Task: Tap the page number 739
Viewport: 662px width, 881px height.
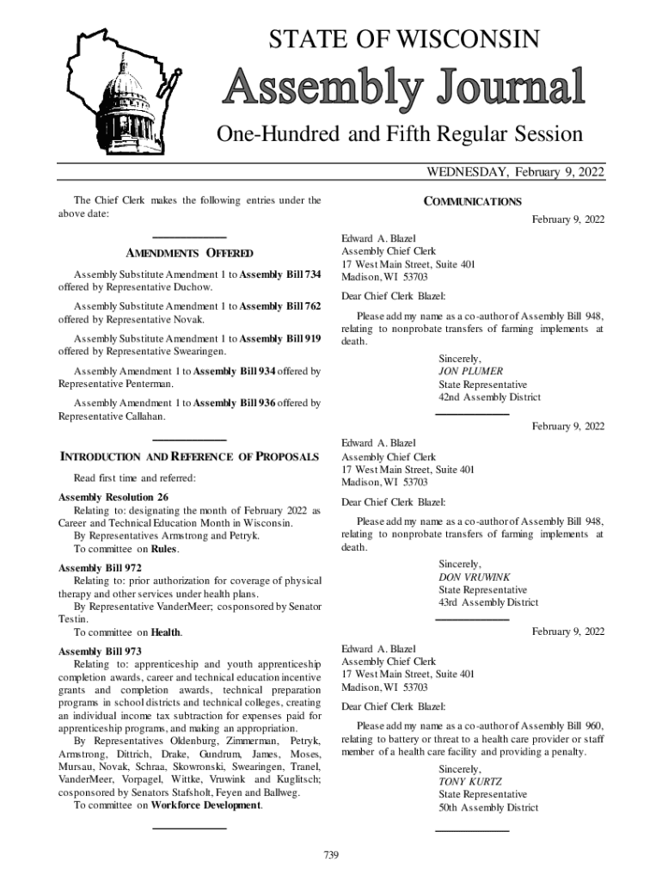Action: [331, 854]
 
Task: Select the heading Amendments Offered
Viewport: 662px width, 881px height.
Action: [189, 253]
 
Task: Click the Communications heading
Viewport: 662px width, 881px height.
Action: [472, 202]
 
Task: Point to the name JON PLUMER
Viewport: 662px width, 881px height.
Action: [470, 372]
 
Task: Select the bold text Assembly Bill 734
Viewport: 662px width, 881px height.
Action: [280, 274]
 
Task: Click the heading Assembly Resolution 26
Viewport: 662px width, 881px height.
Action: [113, 497]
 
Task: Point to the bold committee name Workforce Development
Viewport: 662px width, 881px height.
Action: [205, 805]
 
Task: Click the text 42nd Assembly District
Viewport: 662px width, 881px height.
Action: [489, 397]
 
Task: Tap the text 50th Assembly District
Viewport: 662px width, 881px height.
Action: [488, 808]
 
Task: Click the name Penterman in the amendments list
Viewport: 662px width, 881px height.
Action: [143, 385]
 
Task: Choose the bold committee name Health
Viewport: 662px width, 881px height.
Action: [165, 632]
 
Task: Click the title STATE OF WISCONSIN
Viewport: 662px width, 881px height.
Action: [404, 39]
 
